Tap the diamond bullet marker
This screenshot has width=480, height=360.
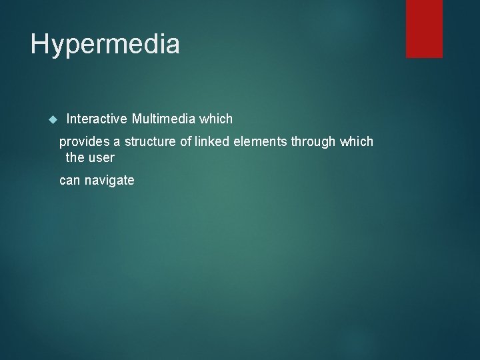coord(54,120)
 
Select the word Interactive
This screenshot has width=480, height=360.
coord(97,119)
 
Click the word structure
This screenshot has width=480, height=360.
coord(151,141)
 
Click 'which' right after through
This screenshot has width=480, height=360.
coord(357,141)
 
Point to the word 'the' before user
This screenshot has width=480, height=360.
coord(75,158)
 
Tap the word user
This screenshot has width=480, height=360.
coord(101,158)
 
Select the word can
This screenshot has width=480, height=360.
coord(70,180)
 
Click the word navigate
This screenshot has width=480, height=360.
coord(110,181)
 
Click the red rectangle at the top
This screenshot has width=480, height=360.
coord(425,29)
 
